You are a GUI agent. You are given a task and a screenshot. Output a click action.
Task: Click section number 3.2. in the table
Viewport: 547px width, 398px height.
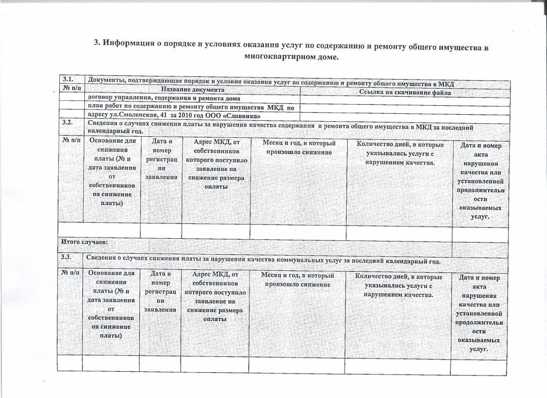[67, 122]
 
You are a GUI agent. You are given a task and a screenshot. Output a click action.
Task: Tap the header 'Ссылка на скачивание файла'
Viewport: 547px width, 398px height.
[405, 92]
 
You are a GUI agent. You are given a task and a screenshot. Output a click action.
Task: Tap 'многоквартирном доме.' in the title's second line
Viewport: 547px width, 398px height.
[291, 57]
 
